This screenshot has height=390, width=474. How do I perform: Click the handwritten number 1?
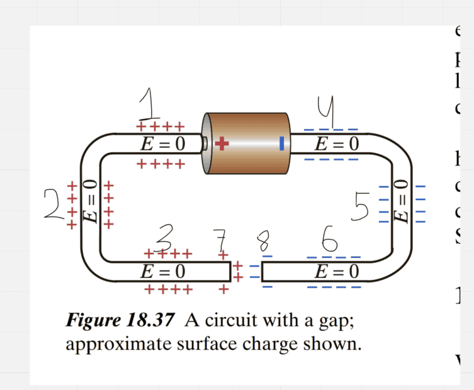click(x=149, y=104)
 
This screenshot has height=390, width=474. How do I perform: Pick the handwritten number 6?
click(x=330, y=239)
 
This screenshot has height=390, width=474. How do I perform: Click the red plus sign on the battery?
click(x=221, y=144)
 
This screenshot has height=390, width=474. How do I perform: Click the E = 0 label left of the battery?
click(x=163, y=144)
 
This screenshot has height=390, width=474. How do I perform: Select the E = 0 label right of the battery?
click(x=337, y=144)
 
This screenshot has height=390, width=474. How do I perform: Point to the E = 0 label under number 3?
click(x=163, y=272)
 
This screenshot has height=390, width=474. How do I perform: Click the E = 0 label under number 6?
click(x=337, y=272)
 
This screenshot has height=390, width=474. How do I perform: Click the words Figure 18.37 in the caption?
click(x=120, y=320)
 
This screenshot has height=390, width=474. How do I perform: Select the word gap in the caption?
click(x=339, y=321)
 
